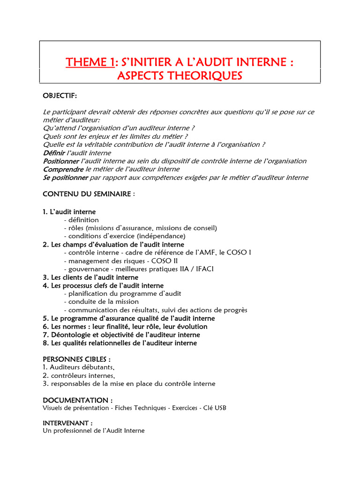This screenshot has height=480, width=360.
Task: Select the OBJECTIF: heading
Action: (x=60, y=96)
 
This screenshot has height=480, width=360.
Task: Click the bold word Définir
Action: (x=54, y=153)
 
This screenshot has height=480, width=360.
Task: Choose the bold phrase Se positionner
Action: (x=65, y=177)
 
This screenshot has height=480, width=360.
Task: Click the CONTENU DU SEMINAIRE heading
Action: (x=89, y=194)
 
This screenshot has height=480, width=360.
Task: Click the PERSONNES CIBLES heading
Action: (x=77, y=359)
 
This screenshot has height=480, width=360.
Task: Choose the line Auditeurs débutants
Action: (x=79, y=367)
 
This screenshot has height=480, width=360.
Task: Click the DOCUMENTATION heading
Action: (x=78, y=400)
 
